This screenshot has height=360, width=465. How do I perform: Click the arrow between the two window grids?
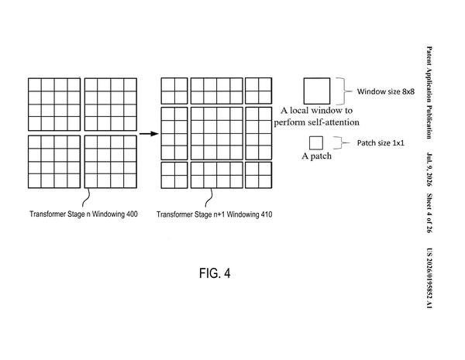[x=149, y=134]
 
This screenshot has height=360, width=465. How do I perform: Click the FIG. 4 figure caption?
[x=215, y=273]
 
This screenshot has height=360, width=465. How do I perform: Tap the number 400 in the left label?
[x=132, y=214]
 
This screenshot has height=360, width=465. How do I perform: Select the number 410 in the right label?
[x=266, y=214]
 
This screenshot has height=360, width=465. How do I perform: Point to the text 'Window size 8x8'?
[x=385, y=91]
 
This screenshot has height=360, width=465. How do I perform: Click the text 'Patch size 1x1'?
[x=381, y=142]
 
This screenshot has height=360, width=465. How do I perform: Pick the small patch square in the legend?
[x=316, y=143]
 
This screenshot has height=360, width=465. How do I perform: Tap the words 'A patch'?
[x=316, y=156]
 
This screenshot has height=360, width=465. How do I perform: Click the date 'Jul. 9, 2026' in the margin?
[x=429, y=170]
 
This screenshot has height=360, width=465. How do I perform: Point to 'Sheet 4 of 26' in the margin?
[x=429, y=213]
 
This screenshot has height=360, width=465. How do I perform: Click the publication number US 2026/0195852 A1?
[x=429, y=278]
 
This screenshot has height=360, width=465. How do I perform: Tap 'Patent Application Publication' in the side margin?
[x=429, y=92]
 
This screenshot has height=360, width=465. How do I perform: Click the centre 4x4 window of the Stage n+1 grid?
[x=217, y=134]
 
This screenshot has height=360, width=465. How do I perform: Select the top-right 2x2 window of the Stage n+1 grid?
[x=259, y=91]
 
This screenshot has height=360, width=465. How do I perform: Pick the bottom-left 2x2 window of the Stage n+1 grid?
[x=174, y=175]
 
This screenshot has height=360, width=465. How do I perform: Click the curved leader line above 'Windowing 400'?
[x=86, y=197]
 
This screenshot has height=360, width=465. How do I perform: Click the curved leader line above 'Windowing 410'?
[x=208, y=197]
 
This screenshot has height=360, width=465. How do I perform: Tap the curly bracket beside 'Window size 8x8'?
[x=345, y=91]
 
